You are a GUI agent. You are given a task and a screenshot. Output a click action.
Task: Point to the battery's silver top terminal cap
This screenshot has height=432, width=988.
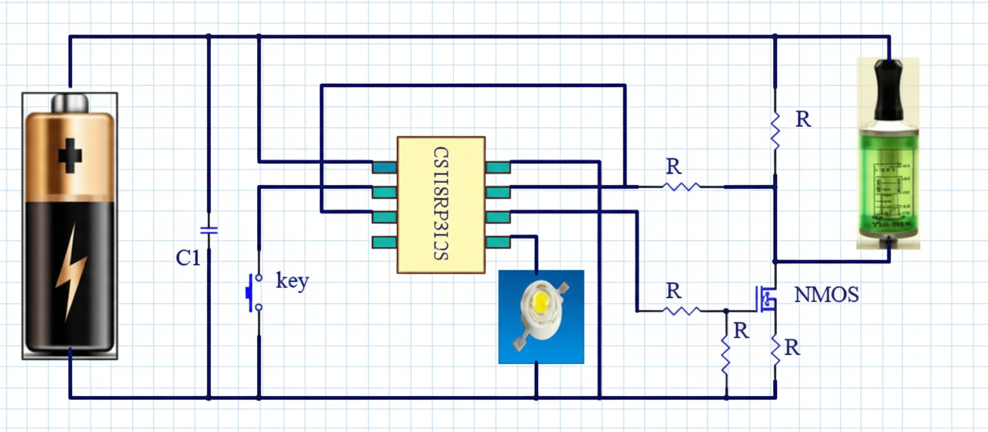click(70, 102)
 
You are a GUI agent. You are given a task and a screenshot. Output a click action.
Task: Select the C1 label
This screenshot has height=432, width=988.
click(188, 258)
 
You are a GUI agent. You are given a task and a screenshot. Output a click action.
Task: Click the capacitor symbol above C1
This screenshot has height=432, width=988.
click(208, 230)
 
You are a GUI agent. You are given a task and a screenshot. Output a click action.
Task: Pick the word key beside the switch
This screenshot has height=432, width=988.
click(292, 282)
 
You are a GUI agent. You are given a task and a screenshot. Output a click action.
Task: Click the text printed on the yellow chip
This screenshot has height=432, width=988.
click(440, 204)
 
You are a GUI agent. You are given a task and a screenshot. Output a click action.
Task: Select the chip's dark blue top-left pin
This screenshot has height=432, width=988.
click(384, 167)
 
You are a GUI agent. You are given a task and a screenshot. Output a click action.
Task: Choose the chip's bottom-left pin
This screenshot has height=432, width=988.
click(384, 242)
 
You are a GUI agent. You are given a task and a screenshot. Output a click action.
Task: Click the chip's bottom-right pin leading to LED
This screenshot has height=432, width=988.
click(498, 242)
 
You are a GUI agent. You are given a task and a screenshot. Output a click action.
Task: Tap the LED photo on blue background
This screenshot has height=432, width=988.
click(541, 316)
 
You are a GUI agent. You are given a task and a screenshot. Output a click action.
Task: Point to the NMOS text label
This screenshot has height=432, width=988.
click(827, 295)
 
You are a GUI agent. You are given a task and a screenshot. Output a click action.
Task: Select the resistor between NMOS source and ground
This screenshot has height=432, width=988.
click(776, 350)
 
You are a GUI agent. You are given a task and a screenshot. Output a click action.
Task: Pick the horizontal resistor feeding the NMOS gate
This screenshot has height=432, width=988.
click(682, 310)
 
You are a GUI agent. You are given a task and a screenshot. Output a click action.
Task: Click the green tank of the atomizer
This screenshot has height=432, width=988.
click(889, 180)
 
